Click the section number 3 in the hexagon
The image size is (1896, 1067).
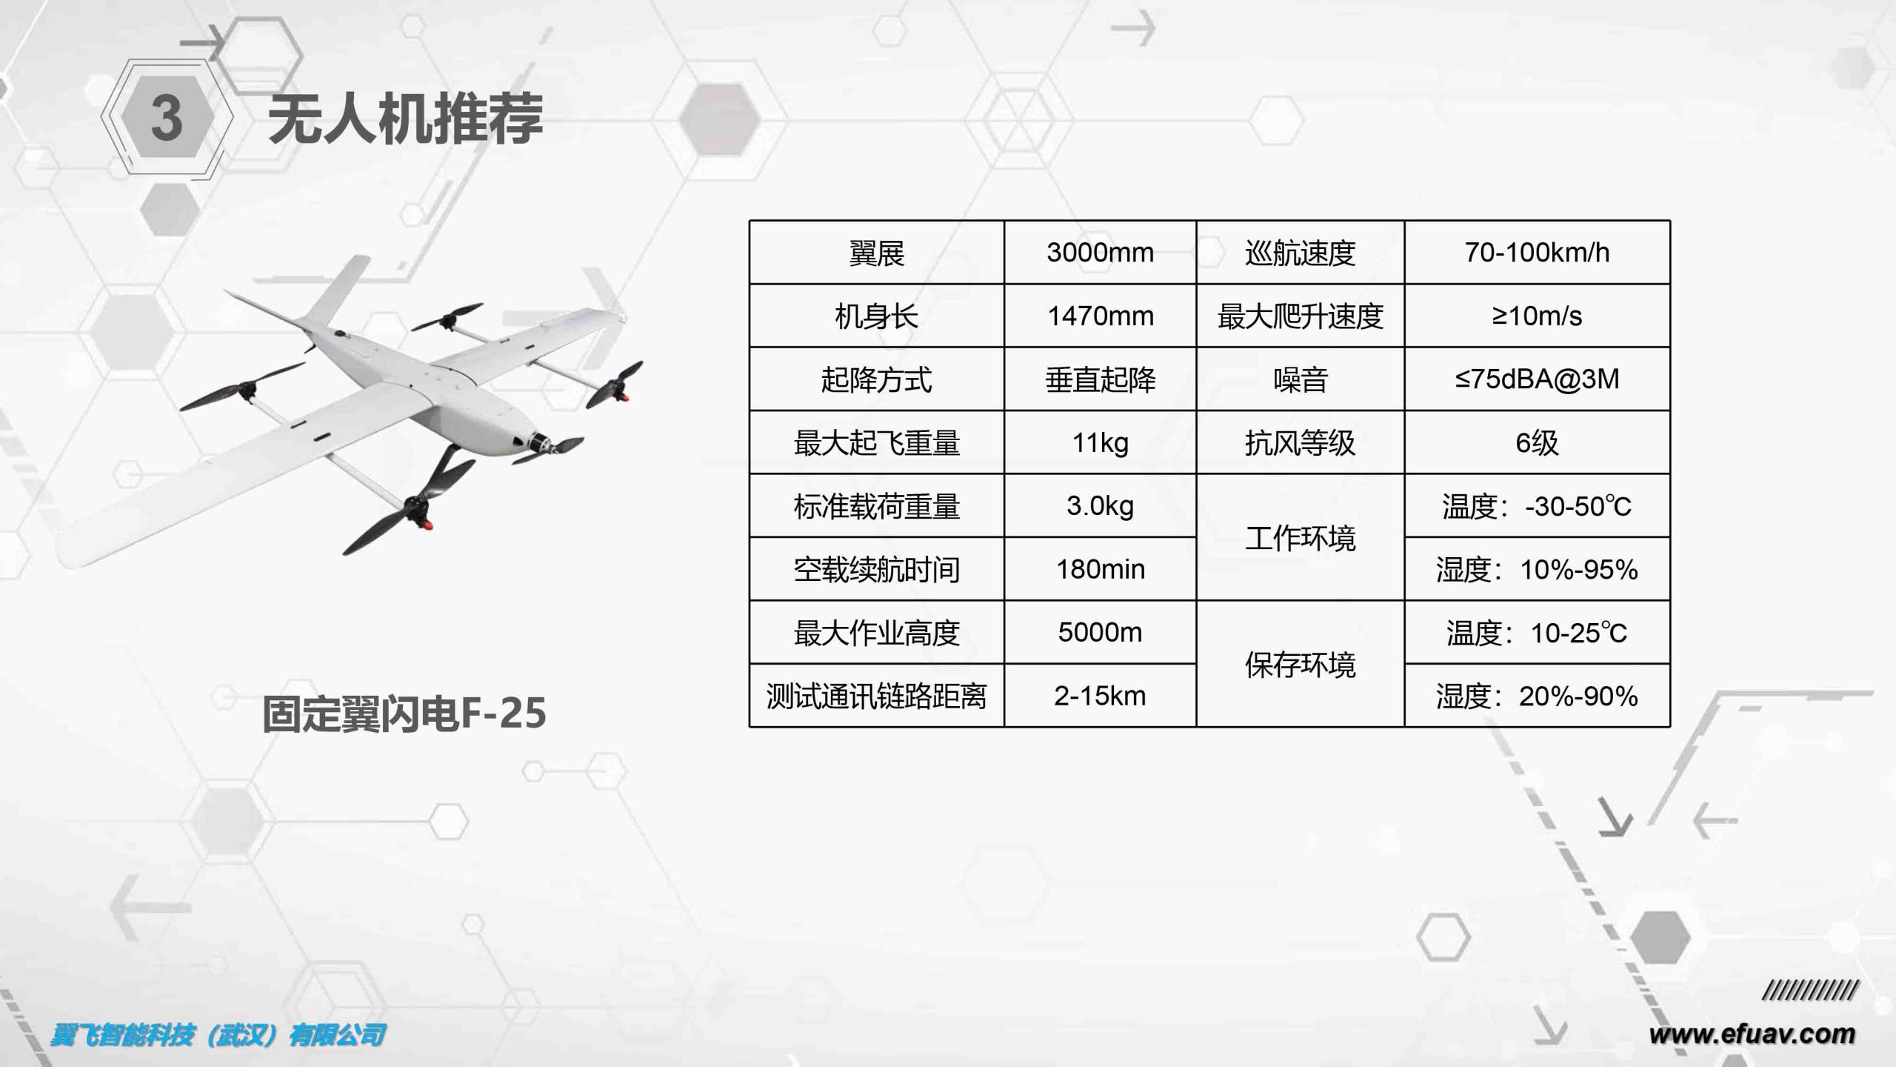click(x=167, y=119)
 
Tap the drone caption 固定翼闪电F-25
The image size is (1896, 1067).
click(x=404, y=714)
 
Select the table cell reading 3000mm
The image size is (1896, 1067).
click(x=1100, y=253)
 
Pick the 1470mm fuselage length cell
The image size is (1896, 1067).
click(x=1100, y=316)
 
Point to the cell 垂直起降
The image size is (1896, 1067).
click(x=1100, y=379)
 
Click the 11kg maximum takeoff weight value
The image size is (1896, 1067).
click(x=1100, y=443)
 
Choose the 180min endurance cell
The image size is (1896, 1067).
click(x=1100, y=569)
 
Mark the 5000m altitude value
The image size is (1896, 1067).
click(x=1100, y=633)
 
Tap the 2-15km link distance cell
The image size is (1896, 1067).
click(x=1100, y=696)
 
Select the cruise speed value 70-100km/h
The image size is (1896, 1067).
click(x=1537, y=253)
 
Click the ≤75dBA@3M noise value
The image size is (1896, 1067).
click(x=1537, y=379)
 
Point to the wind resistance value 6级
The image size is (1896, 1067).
click(x=1537, y=443)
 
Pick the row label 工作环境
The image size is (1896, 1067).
click(x=1300, y=538)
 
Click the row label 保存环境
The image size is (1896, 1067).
click(x=1300, y=665)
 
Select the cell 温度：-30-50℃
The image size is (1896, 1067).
click(x=1537, y=506)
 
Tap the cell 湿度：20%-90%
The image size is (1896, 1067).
click(x=1537, y=696)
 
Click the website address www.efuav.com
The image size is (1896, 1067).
click(x=1752, y=1034)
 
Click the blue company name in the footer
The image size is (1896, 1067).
click(x=218, y=1035)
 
